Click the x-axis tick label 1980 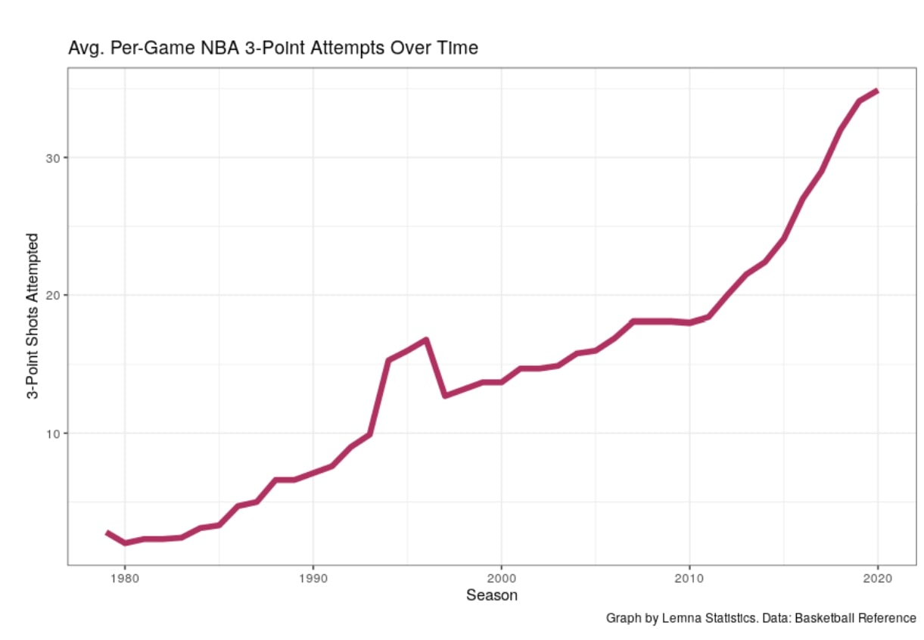point(125,579)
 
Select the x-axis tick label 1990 point(313,579)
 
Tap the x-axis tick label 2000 point(501,579)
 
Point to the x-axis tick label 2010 point(689,579)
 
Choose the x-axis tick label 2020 point(877,579)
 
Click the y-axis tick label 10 point(53,433)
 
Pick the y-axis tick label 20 point(53,296)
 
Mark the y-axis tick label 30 point(53,158)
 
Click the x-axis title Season point(492,595)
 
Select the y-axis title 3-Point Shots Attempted point(33,316)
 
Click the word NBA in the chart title point(220,48)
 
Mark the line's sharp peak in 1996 point(426,340)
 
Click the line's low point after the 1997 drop point(445,396)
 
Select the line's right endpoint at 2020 point(877,91)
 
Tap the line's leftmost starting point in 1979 point(107,533)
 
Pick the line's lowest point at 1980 point(125,542)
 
